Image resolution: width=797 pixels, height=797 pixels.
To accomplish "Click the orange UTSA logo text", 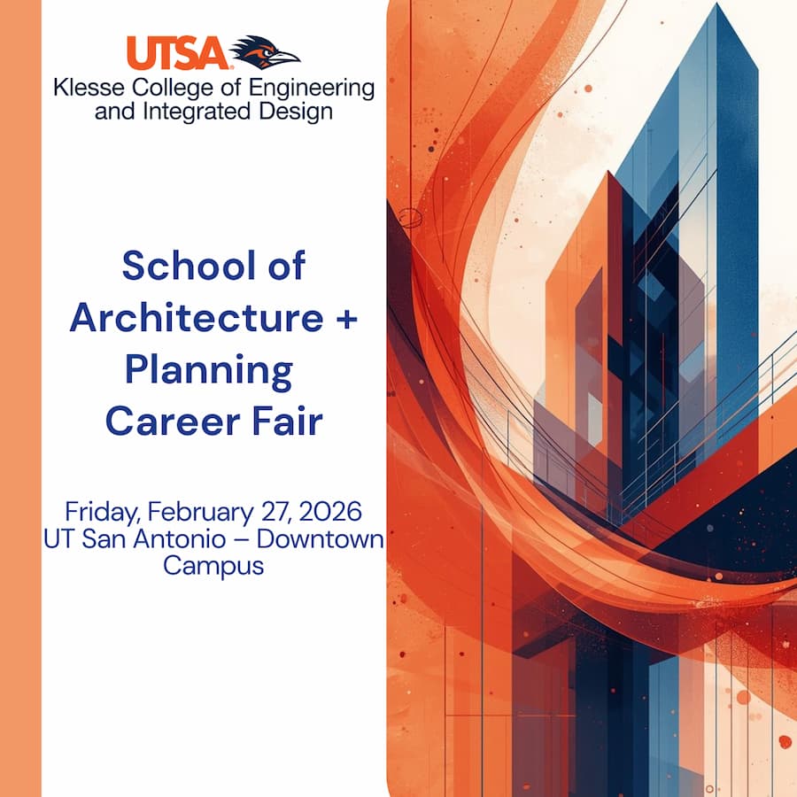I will click(177, 52).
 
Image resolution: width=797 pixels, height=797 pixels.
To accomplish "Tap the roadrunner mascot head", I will click(265, 51).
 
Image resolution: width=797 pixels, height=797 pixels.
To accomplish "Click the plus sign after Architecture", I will click(347, 319).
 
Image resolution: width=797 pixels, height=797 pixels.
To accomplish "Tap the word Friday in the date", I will click(101, 512).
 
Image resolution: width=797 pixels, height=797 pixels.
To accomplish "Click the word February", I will click(200, 513).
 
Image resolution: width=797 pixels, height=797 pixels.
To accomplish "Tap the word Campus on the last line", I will click(213, 565).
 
